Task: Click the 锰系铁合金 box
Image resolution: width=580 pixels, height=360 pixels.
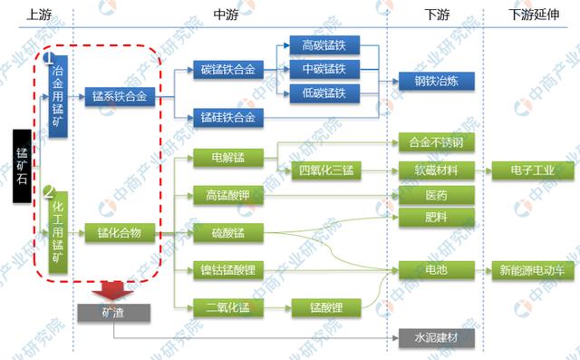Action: click(119, 93)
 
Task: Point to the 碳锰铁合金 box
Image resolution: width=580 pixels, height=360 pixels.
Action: click(227, 69)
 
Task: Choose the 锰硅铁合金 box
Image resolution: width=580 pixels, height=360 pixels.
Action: click(227, 117)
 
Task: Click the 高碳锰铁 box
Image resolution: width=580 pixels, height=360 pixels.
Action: click(324, 45)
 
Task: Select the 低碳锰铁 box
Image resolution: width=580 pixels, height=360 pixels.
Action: click(324, 92)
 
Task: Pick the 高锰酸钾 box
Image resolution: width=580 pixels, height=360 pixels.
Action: click(227, 194)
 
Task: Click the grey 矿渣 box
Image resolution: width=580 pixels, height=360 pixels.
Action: click(114, 312)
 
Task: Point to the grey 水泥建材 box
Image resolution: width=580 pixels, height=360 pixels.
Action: click(436, 339)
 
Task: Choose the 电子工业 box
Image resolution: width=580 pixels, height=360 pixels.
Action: click(528, 170)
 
